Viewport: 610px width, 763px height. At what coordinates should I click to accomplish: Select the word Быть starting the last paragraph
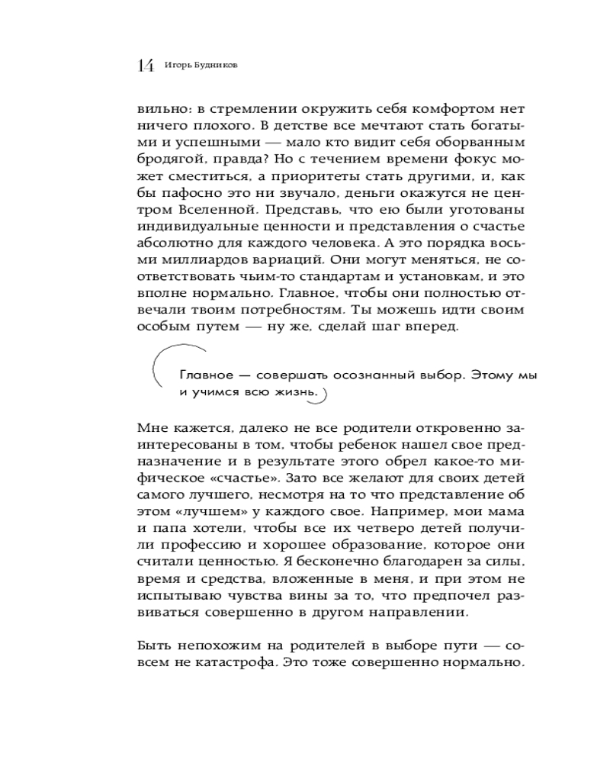(x=152, y=645)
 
